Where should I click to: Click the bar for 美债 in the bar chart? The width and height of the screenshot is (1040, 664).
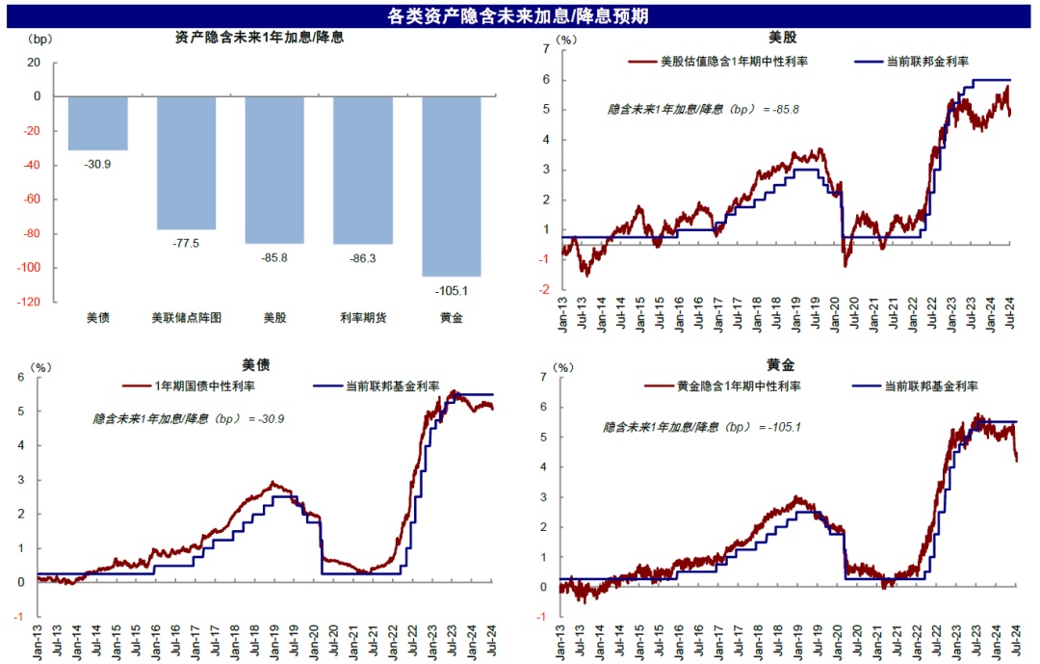(97, 123)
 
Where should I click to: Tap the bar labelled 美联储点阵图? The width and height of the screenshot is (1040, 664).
(186, 163)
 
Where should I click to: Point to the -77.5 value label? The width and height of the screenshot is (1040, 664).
(186, 243)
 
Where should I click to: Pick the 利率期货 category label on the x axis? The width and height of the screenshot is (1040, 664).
(362, 317)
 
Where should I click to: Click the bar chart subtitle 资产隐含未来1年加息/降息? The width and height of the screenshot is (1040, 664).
(260, 39)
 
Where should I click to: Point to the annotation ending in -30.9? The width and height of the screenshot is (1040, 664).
(189, 419)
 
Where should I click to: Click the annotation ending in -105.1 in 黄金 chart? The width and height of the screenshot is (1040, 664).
(703, 427)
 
